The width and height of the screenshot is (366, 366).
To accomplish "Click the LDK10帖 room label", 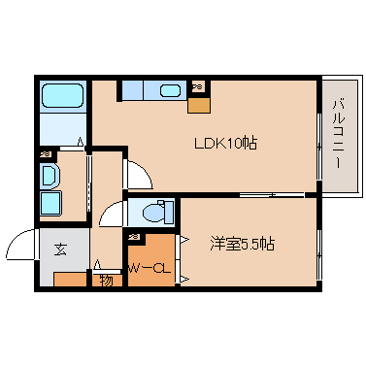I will pos(225,143).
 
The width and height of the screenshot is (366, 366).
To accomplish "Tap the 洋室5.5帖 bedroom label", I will pos(242,244).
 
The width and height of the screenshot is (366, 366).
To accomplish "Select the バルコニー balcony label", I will pos(338,135).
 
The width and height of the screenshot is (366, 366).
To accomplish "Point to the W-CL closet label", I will pos(150,269).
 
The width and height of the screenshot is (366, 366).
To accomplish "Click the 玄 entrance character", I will pos(60,250).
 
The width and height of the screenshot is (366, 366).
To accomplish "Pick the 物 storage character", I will pos(105,281).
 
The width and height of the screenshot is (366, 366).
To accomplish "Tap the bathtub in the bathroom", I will pos(64,97).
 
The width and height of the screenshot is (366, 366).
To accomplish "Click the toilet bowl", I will pos(153,211).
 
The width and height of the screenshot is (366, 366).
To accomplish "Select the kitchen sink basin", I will pos(169,91).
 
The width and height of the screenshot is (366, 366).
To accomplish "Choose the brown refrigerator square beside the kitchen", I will pos(197,102).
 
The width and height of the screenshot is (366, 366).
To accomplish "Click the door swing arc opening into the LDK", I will pos(138,173).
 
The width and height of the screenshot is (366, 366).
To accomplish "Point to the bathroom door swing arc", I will pos(69,144).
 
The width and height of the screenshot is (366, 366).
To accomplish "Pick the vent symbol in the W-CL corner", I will pos(132,236).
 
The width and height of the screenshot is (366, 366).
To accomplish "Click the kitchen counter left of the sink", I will pos(135,91).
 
